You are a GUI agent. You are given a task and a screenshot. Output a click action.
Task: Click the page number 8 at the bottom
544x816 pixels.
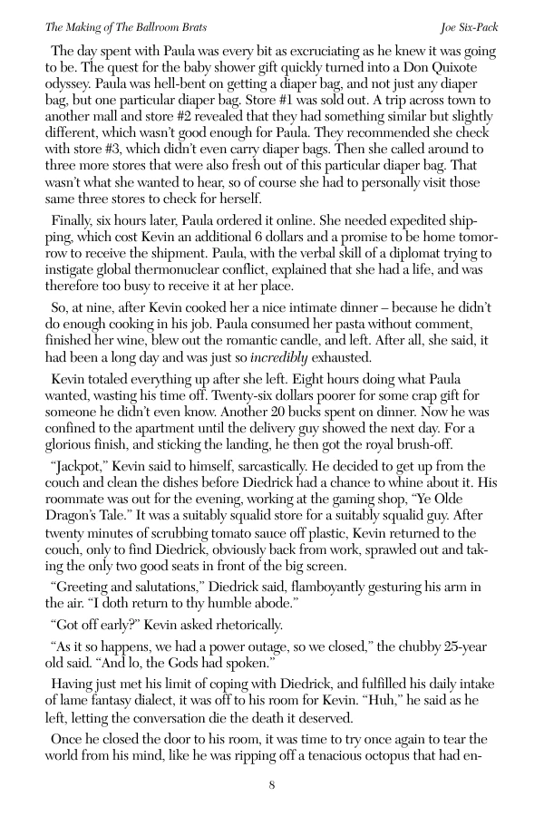pyautogui.click(x=271, y=785)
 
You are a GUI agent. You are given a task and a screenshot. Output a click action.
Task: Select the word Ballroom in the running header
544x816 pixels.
pyautogui.click(x=155, y=28)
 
